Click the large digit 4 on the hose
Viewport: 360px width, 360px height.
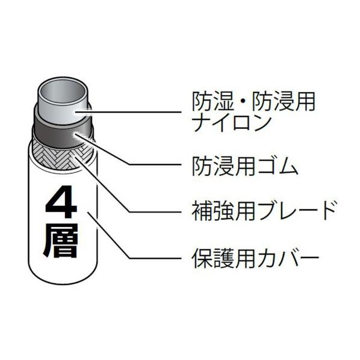pyautogui.click(x=61, y=201)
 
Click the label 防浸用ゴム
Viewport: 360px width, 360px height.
pyautogui.click(x=245, y=166)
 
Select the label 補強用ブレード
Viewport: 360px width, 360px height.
pyautogui.click(x=264, y=210)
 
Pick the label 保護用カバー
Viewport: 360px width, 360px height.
pyautogui.click(x=255, y=258)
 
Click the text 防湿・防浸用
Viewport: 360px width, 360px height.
pyautogui.click(x=253, y=102)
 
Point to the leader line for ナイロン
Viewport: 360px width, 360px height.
pyautogui.click(x=128, y=112)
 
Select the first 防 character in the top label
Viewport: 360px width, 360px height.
pyautogui.click(x=202, y=102)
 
